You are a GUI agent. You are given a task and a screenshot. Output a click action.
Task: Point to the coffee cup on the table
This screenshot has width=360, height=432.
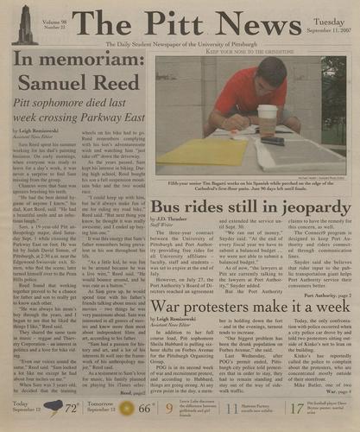(x=268, y=120)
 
